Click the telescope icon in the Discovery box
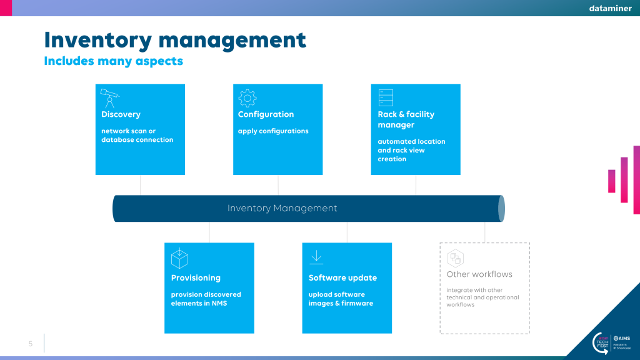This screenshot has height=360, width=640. tap(109, 98)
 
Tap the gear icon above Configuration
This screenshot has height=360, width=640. tap(247, 98)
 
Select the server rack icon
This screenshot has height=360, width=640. tap(386, 98)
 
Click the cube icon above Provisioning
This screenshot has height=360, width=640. tap(179, 258)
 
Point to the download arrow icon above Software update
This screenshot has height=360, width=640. tap(316, 257)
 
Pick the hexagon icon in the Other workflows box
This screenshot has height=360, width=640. tap(456, 258)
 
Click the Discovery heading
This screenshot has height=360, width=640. tap(121, 114)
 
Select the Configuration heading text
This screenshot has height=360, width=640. tap(266, 114)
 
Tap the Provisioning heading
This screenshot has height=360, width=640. tap(196, 278)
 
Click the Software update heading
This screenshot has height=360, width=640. tap(342, 278)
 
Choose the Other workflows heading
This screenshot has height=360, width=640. tap(479, 274)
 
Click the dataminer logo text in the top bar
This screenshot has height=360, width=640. tap(610, 8)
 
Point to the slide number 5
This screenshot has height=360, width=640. tap(31, 344)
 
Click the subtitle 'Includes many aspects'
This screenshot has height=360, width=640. tap(114, 61)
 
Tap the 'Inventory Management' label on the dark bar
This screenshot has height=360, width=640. tap(282, 208)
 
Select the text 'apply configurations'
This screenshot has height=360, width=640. tap(273, 131)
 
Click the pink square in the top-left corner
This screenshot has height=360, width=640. tap(6, 8)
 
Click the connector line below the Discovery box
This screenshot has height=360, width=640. tap(141, 185)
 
